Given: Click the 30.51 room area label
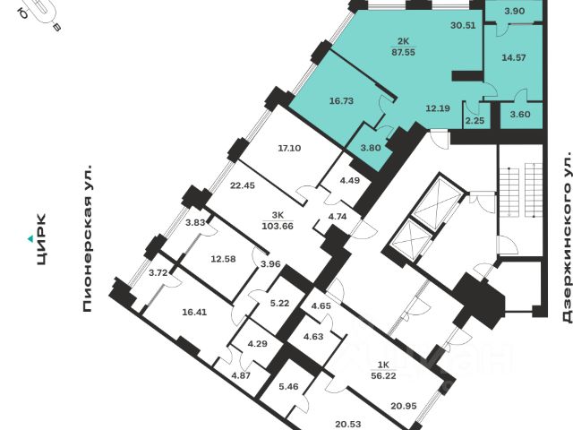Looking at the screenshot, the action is pyautogui.click(x=462, y=26).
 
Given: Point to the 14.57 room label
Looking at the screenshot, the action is pyautogui.click(x=514, y=57).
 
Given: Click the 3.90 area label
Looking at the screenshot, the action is pyautogui.click(x=514, y=10).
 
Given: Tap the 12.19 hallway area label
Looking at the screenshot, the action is pyautogui.click(x=437, y=108).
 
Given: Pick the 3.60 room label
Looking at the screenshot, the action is pyautogui.click(x=519, y=115).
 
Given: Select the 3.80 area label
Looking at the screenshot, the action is pyautogui.click(x=372, y=148).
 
